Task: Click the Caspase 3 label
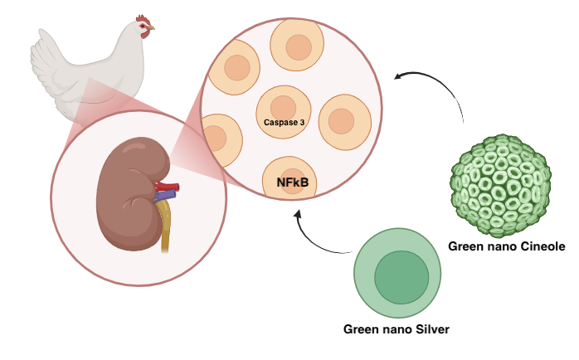(285, 123)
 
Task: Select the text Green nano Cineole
(506, 246)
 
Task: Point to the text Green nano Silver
(397, 329)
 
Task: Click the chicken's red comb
(144, 19)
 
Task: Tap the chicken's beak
(153, 29)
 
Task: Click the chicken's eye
(144, 26)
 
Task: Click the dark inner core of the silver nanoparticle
(401, 279)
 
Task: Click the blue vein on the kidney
(166, 197)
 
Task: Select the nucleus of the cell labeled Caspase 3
(283, 108)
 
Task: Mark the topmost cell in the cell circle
(298, 47)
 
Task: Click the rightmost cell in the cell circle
(343, 122)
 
